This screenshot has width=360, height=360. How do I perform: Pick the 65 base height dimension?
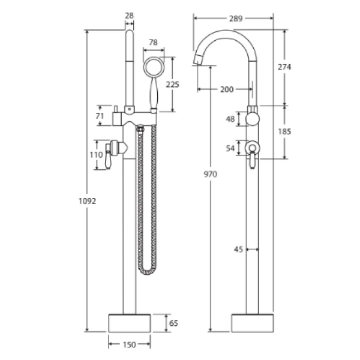coord(173,323)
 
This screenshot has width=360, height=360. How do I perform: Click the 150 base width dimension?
coord(129,344)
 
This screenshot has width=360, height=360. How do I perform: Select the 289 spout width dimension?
coord(236,19)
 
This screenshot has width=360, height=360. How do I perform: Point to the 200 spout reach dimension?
coord(226,89)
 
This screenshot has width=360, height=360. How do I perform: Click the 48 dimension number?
coord(229,119)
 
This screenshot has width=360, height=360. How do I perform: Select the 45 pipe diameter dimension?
coord(238,250)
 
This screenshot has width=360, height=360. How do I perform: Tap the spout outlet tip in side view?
coord(197,60)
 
